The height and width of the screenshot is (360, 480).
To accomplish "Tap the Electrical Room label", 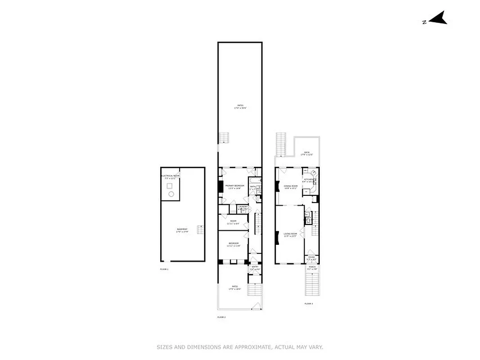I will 170,175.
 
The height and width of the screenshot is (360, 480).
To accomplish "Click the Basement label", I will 182,230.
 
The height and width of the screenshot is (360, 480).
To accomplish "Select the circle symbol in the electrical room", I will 171,194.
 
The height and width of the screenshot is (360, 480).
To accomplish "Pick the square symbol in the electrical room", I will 170,185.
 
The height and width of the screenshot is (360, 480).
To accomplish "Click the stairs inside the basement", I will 200,229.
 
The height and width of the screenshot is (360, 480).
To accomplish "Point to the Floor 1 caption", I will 164,269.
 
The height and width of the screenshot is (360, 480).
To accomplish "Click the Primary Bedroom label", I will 235,185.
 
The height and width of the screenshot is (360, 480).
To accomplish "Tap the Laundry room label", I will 237,207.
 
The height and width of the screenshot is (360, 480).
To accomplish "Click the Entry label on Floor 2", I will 255,267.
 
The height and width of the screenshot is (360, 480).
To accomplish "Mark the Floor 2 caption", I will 221,317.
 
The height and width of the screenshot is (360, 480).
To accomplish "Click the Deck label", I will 307,152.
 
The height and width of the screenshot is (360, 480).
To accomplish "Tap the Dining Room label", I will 291,186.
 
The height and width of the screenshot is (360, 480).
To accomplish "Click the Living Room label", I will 290,234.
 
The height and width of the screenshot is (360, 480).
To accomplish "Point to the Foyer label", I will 311,258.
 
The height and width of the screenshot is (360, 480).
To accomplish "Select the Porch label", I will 312,267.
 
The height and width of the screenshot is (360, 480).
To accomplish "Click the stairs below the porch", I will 312,284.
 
